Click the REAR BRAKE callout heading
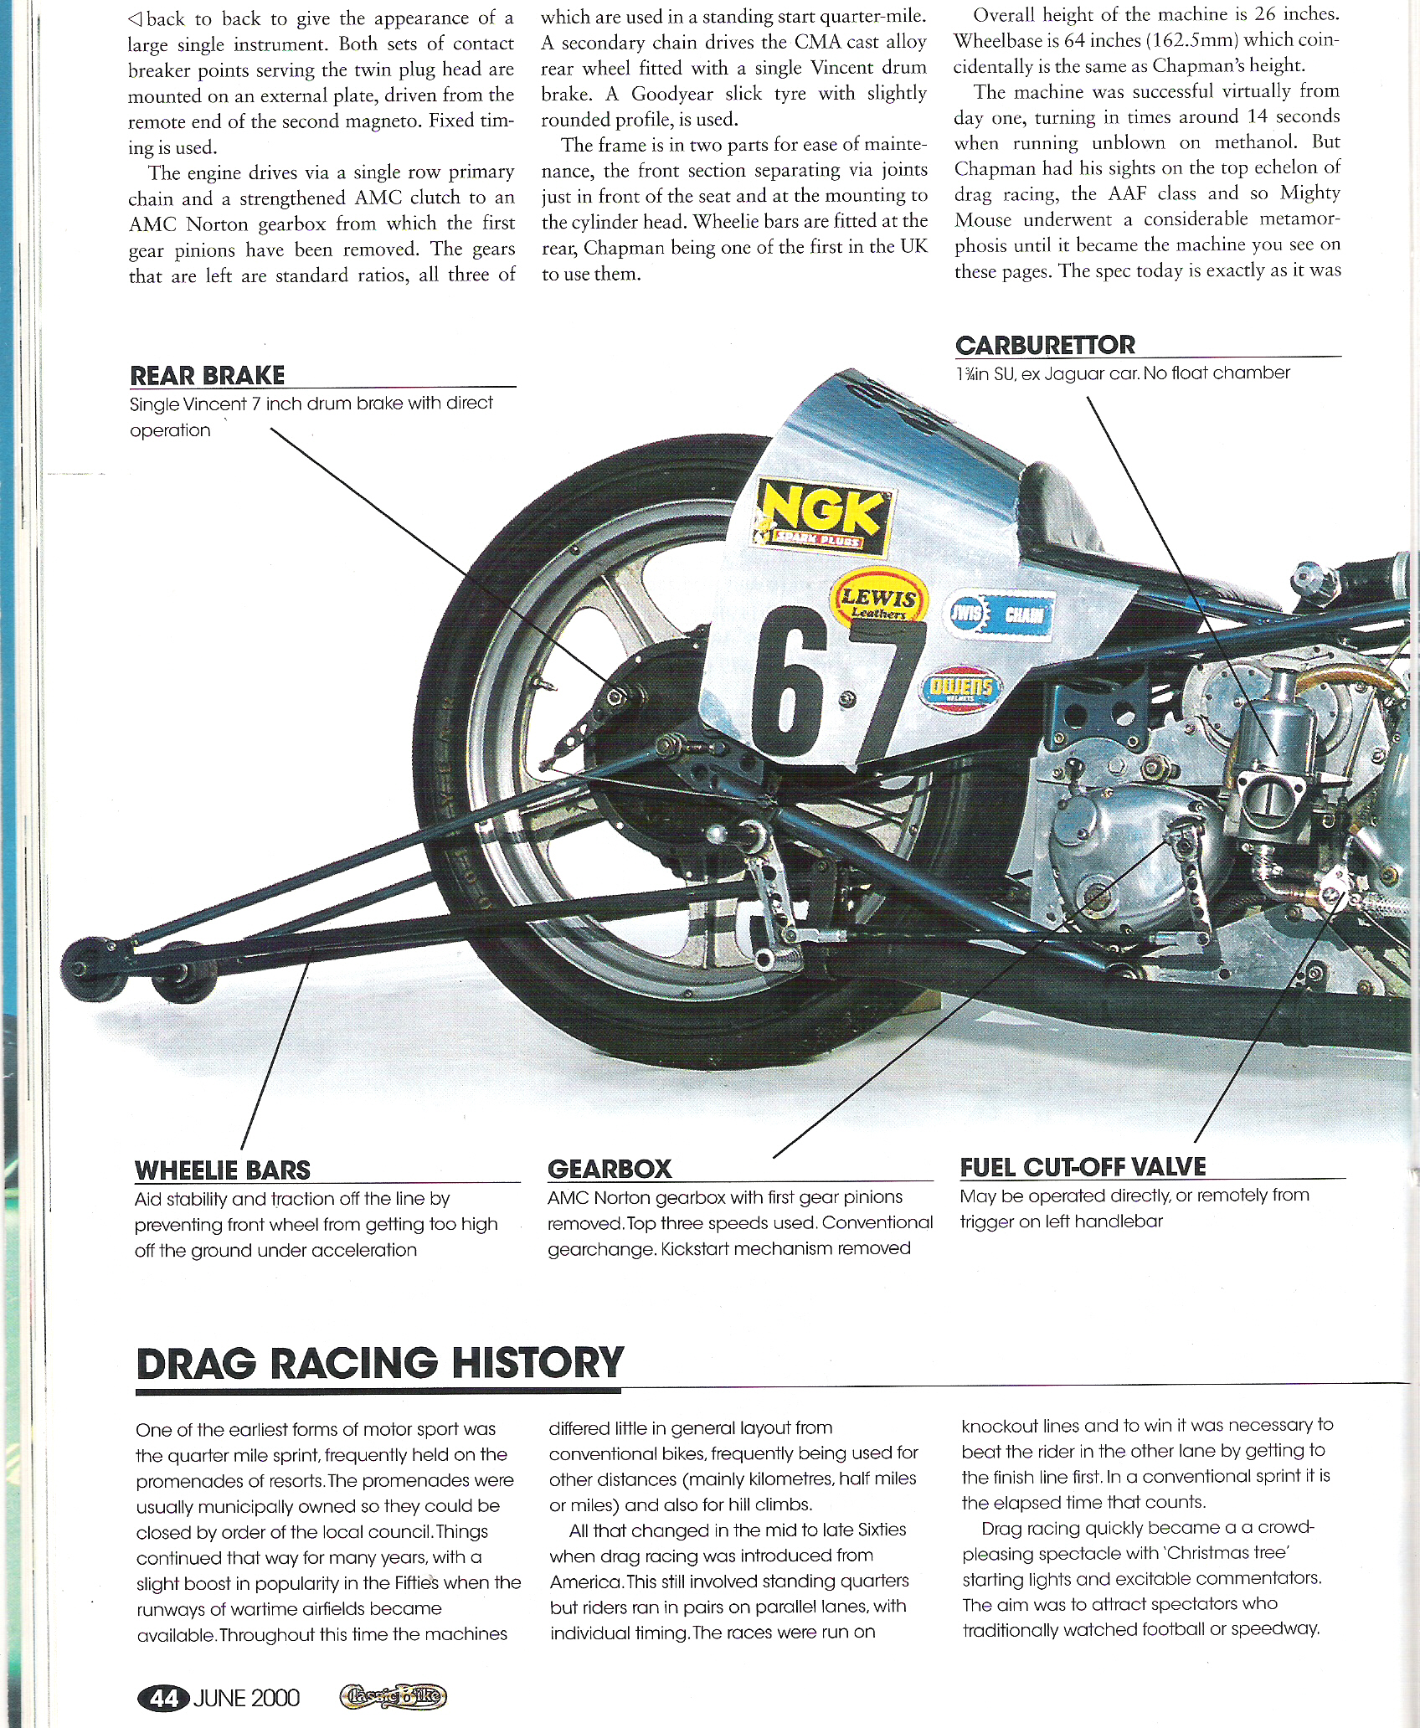coord(208,375)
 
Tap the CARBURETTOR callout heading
coord(1045,345)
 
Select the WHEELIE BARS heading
coord(222,1170)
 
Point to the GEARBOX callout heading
coord(610,1169)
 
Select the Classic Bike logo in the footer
coord(393,1697)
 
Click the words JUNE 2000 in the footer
coord(246,1697)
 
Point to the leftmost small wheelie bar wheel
coord(84,967)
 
